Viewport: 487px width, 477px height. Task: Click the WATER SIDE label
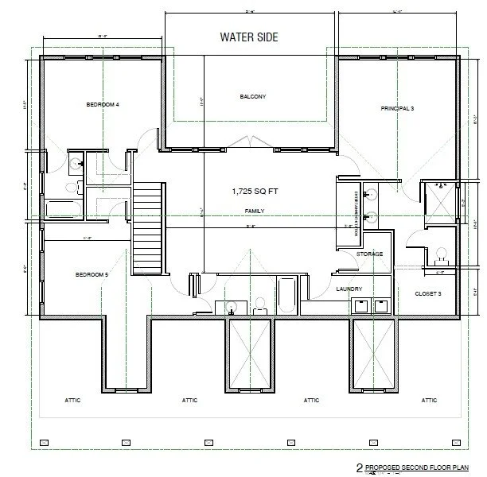[x=250, y=37]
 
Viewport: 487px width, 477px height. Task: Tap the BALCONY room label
[x=252, y=97]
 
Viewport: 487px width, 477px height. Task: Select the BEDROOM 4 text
[x=103, y=105]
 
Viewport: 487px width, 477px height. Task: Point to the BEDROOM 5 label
[x=91, y=274]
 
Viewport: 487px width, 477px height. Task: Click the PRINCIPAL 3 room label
[x=397, y=107]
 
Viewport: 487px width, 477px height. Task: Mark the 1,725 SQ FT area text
[x=252, y=192]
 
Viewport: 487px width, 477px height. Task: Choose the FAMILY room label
[x=254, y=211]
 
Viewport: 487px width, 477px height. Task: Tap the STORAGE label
[x=369, y=254]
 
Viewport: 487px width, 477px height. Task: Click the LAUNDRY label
[x=349, y=289]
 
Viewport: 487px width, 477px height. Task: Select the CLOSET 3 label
[x=428, y=293]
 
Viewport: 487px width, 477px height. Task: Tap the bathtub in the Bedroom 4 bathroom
[x=60, y=209]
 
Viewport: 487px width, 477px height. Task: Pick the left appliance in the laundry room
[x=360, y=305]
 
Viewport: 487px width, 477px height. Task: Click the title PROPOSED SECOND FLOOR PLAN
[x=418, y=469]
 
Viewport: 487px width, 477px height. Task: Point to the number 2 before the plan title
[x=349, y=469]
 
